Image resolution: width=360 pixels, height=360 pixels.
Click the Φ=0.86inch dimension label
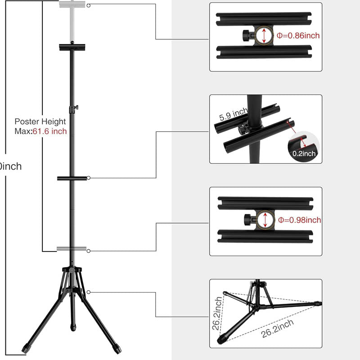pyautogui.click(x=298, y=36)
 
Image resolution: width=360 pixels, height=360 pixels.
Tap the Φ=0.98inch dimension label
pyautogui.click(x=299, y=220)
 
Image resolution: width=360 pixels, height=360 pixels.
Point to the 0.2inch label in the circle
pyautogui.click(x=305, y=153)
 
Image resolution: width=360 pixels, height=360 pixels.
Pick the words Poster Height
pyautogui.click(x=40, y=121)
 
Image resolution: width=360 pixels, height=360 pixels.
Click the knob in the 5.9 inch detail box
pyautogui.click(x=243, y=129)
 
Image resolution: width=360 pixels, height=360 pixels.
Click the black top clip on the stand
pyautogui.click(x=72, y=46)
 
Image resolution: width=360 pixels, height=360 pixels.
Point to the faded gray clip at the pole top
pyautogui.click(x=72, y=5)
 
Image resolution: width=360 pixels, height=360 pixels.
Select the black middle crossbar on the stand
pyautogui.click(x=72, y=178)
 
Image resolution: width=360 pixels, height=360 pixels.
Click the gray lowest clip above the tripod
pyautogui.click(x=72, y=249)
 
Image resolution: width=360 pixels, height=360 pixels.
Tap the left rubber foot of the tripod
pyautogui.click(x=25, y=349)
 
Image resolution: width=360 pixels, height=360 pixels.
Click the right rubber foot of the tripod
pyautogui.click(x=118, y=349)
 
